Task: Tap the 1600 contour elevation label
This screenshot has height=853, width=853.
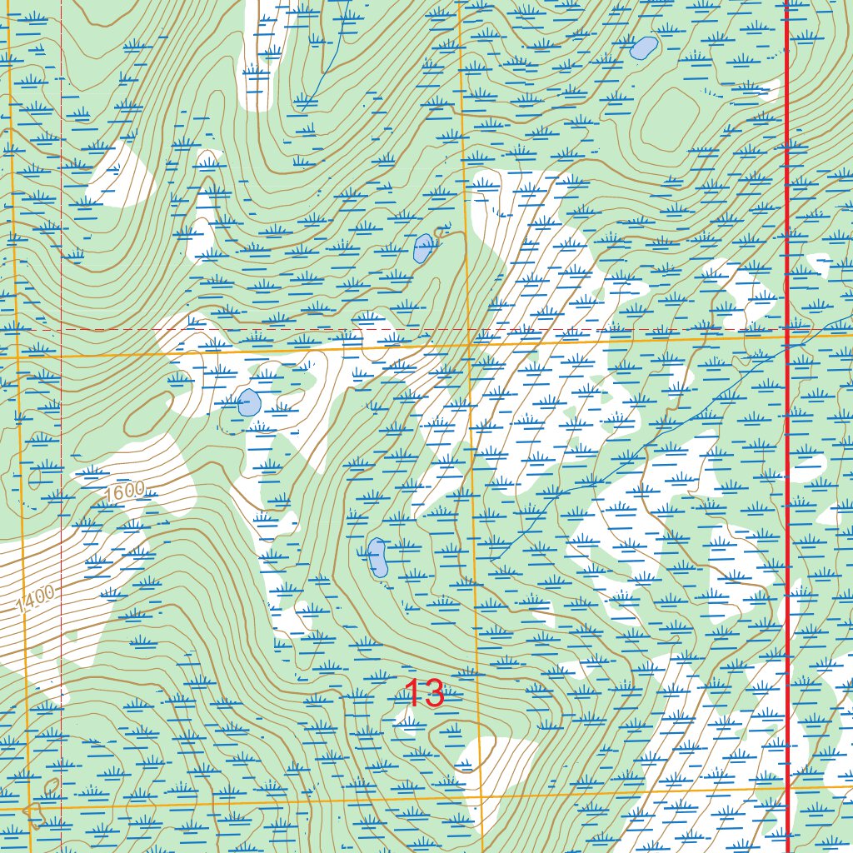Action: (126, 492)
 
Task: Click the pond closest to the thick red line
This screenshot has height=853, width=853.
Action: (643, 48)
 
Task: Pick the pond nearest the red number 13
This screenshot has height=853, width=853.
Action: (377, 557)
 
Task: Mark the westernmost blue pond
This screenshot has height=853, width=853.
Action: (248, 403)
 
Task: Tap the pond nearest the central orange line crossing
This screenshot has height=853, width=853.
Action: (423, 248)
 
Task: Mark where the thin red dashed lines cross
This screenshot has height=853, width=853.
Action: (62, 329)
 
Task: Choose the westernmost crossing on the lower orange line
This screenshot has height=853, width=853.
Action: (31, 806)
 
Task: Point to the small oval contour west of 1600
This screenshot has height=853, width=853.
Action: (35, 478)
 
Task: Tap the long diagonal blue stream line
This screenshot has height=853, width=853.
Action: (633, 450)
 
